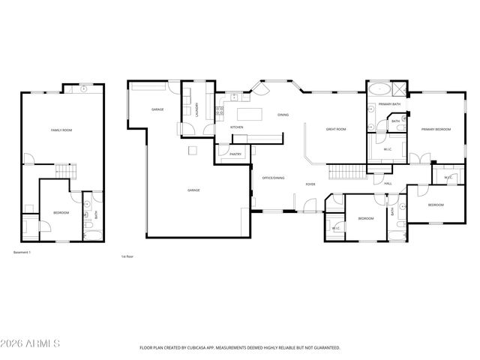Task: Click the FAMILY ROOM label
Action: pos(61,130)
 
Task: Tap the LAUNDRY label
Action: pos(196,109)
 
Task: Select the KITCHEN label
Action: pos(237,127)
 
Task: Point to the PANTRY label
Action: pos(235,154)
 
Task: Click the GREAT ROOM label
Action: pos(335,129)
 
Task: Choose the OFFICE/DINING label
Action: pos(273,178)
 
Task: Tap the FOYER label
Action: pos(310,184)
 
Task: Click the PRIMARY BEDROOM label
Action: pos(436,130)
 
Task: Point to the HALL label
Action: pos(388,184)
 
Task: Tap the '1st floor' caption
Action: pos(127,256)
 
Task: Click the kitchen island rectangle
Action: pos(250,115)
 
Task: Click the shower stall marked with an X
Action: pos(400,87)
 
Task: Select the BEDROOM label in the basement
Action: pos(61,213)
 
